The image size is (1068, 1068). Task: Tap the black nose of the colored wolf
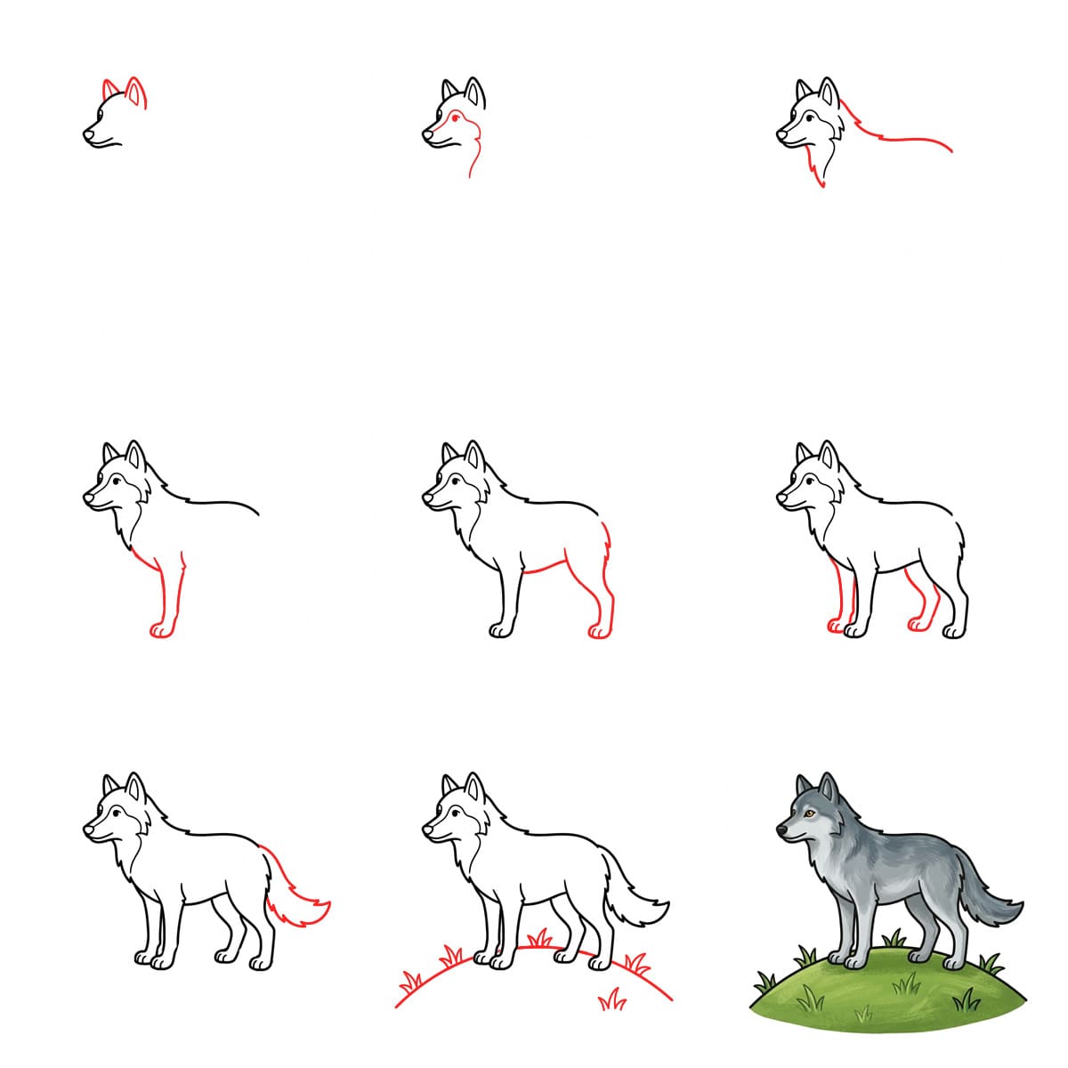click(x=781, y=829)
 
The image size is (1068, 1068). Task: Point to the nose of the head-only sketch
click(x=88, y=135)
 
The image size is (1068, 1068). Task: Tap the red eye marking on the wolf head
click(x=457, y=117)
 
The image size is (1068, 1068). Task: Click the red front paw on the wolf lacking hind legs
click(x=161, y=630)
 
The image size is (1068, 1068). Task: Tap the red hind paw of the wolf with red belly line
click(x=599, y=631)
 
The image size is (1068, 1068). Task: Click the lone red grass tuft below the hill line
click(x=611, y=1000)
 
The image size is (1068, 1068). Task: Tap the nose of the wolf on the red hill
click(x=428, y=829)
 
